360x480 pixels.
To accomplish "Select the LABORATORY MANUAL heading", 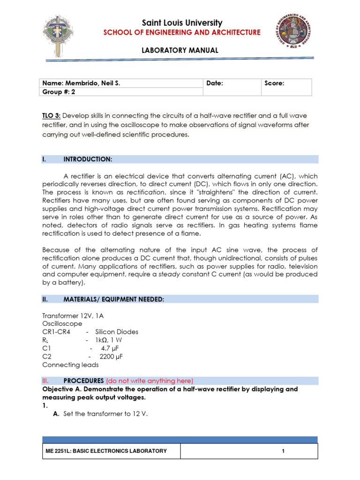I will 180,50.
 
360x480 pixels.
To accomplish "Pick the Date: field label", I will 215,83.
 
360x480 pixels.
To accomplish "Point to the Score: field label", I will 274,83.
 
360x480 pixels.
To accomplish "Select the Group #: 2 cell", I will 59,92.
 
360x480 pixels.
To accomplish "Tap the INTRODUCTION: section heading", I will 88,159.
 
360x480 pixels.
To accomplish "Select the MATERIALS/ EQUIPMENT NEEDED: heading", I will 113,299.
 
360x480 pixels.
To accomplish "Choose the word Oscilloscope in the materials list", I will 62,323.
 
